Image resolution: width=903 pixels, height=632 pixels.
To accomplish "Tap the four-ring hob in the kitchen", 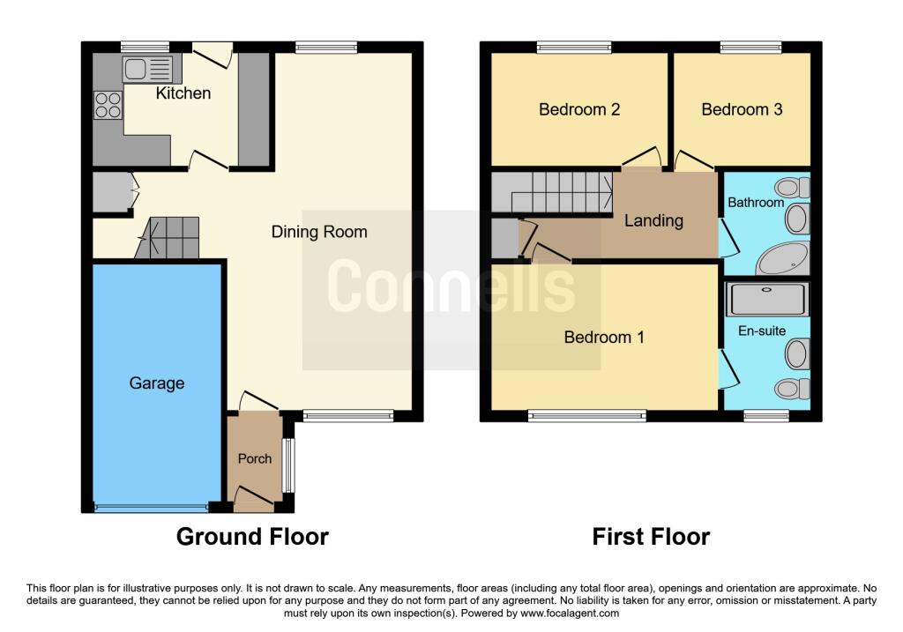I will [109, 106].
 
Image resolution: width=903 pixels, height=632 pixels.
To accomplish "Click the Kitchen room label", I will [183, 93].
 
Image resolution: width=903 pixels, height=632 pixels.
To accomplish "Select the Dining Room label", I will [318, 232].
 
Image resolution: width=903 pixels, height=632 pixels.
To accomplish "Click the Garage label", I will [157, 383].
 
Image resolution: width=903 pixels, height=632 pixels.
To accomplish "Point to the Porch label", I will [255, 458].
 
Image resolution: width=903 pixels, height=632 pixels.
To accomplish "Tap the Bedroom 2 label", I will [579, 109].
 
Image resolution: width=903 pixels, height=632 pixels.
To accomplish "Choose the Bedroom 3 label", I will [742, 109].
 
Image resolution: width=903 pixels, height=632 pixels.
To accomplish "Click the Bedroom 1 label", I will [604, 337].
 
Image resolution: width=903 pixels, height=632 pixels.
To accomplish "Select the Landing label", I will [653, 220].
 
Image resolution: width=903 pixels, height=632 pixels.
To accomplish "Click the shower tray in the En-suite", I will [765, 300].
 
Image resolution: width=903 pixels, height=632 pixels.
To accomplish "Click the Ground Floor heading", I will [252, 536].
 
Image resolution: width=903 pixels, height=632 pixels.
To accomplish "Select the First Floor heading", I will [651, 536].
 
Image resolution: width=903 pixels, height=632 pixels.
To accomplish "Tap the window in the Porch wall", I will [287, 465].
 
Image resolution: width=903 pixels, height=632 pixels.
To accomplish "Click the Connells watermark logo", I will [451, 286].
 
